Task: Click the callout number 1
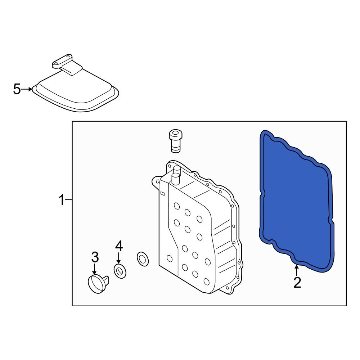pyautogui.click(x=62, y=199)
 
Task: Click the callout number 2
pyautogui.click(x=297, y=283)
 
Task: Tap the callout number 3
pyautogui.click(x=94, y=257)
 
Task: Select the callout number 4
pyautogui.click(x=119, y=246)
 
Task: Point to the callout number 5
pyautogui.click(x=17, y=89)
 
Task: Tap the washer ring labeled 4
pyautogui.click(x=120, y=271)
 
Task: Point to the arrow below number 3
pyautogui.click(x=94, y=269)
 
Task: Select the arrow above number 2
pyautogui.click(x=297, y=270)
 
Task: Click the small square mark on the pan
pyautogui.click(x=162, y=194)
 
